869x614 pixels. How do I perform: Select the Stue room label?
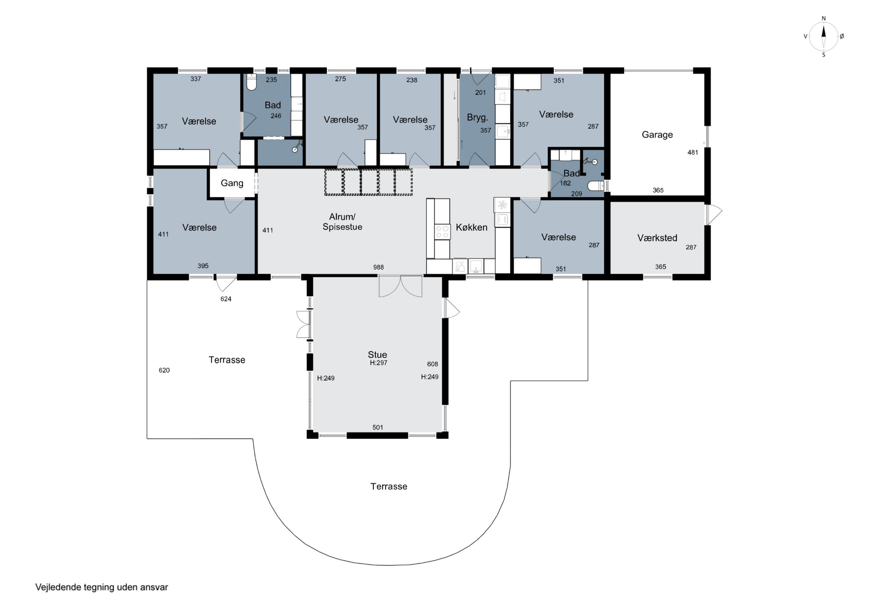coord(377,355)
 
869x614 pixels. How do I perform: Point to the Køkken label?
coord(471,227)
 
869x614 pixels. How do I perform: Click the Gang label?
coord(232,183)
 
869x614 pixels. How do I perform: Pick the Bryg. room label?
coord(477,117)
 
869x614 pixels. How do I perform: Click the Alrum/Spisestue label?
coord(342,222)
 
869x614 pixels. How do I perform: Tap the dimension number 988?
coord(379,267)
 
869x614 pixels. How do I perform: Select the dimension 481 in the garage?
coord(693,153)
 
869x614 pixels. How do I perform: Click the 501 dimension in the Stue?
coord(378,428)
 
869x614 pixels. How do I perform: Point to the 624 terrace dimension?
coord(226,299)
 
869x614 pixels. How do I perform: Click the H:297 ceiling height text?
coord(379,363)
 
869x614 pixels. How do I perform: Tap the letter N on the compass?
coord(824,19)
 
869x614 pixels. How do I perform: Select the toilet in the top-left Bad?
coord(251,82)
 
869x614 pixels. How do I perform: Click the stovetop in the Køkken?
coord(442,232)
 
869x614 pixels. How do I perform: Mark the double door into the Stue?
coord(400,286)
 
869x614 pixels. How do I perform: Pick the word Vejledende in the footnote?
coord(58,587)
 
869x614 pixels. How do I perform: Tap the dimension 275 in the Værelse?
coord(340,79)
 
